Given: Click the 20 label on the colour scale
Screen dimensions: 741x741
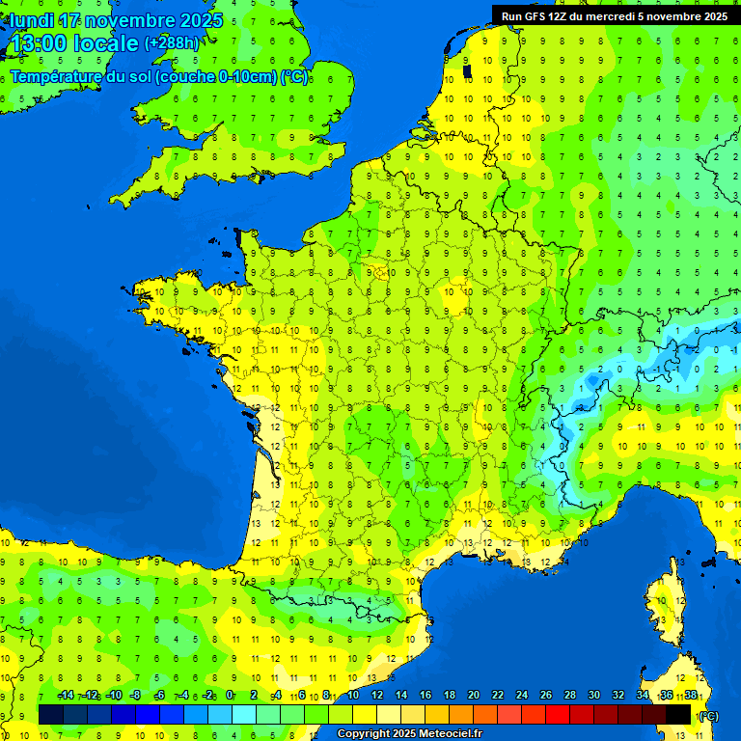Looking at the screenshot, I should (473, 696).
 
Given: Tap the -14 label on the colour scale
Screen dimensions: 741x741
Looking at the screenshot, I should (66, 696).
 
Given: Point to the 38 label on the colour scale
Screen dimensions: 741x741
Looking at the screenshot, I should (690, 696).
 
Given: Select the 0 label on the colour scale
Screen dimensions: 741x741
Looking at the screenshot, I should (230, 696).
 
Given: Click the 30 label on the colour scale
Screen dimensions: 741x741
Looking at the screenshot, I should (593, 696).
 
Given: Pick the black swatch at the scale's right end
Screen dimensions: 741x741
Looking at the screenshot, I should (679, 714).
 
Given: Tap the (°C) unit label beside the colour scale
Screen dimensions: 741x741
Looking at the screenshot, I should (708, 716).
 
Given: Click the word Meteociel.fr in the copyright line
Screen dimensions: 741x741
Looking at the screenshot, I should (451, 734).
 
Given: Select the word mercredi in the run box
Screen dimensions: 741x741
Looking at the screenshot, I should (618, 16).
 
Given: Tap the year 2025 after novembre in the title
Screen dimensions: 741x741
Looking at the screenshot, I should (201, 20).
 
